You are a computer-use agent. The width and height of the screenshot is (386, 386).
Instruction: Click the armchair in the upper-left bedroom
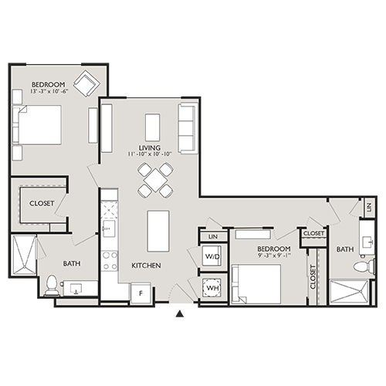click(x=86, y=83)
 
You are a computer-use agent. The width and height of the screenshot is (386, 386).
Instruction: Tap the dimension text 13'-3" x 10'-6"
click(x=47, y=91)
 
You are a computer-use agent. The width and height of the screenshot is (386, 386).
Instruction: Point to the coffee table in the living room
click(x=153, y=127)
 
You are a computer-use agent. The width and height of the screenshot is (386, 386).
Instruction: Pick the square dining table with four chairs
click(x=155, y=180)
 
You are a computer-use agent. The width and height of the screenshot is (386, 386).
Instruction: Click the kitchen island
click(x=157, y=230)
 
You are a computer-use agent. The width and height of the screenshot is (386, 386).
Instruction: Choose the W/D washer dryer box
click(x=211, y=255)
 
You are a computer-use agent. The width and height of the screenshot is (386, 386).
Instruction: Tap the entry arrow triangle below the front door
click(x=180, y=313)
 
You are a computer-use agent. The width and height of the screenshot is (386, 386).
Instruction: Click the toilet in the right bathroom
click(x=361, y=266)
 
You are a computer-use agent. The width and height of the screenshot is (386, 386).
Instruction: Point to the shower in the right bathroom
click(x=351, y=292)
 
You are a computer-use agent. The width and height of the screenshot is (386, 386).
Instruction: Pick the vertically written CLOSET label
click(x=313, y=276)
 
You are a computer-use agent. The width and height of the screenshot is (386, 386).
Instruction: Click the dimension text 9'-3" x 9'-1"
click(x=274, y=256)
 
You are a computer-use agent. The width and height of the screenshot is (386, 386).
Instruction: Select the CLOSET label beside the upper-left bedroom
click(x=41, y=203)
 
